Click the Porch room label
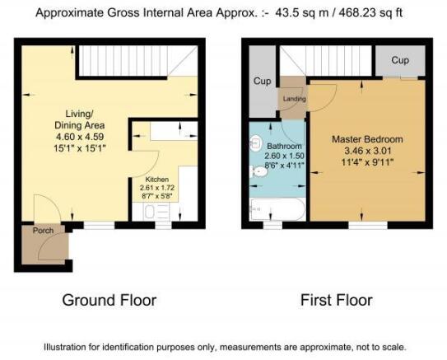click(43, 231)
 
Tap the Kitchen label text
click(156, 180)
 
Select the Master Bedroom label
click(367, 139)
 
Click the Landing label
click(295, 99)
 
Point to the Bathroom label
click(284, 146)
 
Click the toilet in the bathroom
click(258, 172)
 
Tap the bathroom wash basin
click(256, 143)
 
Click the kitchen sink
click(150, 212)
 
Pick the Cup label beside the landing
click(262, 81)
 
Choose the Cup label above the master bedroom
click(400, 60)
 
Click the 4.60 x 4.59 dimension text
click(80, 137)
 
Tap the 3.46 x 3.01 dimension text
click(367, 151)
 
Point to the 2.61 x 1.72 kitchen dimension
click(156, 188)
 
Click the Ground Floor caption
click(109, 301)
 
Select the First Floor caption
click(337, 301)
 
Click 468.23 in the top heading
click(358, 13)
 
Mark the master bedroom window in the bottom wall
click(368, 226)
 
